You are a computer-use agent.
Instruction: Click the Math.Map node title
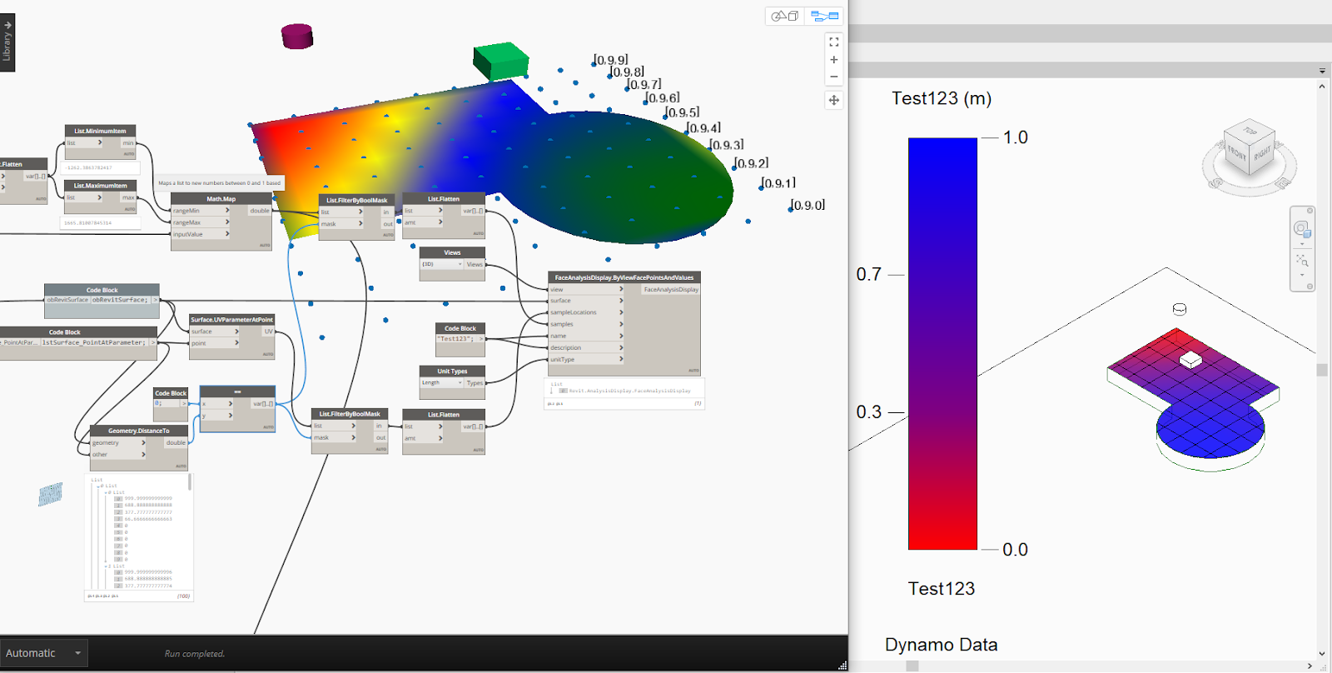click(x=221, y=199)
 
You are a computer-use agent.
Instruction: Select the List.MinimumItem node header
click(x=101, y=131)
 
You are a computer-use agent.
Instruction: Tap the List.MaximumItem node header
click(x=101, y=186)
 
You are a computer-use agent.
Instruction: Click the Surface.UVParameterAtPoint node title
click(x=231, y=320)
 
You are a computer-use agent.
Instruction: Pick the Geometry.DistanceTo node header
click(x=139, y=431)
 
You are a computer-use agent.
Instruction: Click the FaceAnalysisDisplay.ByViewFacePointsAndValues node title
click(x=624, y=277)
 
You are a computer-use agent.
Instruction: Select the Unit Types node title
click(x=452, y=371)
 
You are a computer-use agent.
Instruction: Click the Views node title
click(x=452, y=252)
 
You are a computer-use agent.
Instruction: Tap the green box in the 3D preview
click(x=500, y=61)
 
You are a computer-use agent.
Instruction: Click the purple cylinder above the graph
click(x=297, y=36)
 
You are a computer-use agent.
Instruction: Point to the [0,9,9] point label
click(x=611, y=60)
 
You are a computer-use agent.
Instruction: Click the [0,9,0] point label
click(x=808, y=205)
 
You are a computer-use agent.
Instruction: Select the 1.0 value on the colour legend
click(x=1015, y=137)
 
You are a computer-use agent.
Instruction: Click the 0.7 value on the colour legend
click(x=869, y=274)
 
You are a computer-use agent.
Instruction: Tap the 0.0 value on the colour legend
click(x=1015, y=550)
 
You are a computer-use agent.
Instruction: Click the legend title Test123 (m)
click(x=942, y=98)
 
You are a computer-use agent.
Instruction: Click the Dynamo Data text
click(x=941, y=645)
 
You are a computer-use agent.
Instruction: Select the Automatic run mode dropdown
click(x=43, y=653)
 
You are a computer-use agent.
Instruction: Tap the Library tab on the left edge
click(x=7, y=42)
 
